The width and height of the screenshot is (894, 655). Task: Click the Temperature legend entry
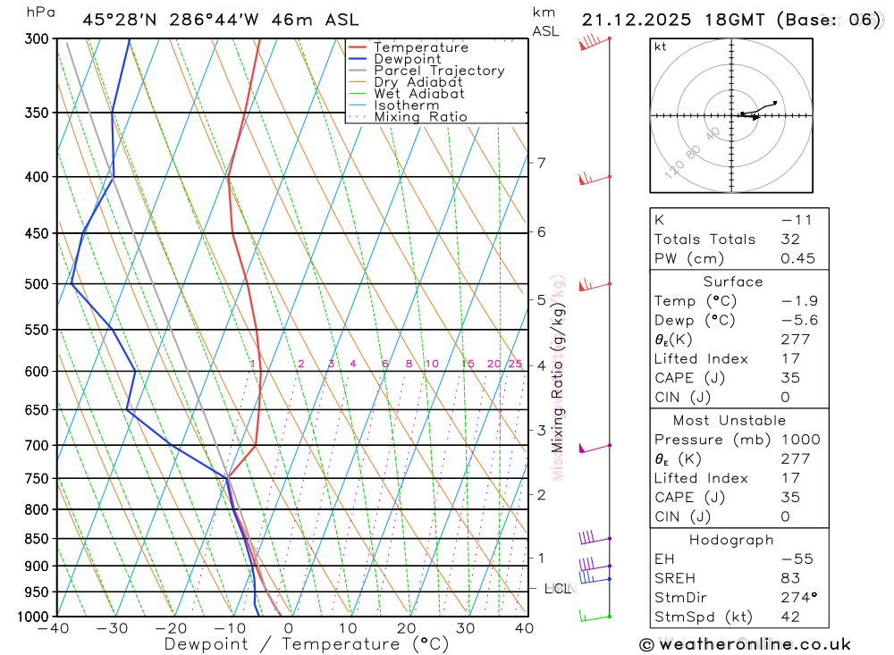420,47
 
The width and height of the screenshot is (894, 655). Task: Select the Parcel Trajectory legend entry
439,71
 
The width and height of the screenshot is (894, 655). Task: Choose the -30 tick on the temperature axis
113,628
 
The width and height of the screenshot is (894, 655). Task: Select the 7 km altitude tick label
541,163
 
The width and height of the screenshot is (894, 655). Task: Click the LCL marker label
558,589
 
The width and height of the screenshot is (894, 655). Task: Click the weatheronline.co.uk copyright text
746,644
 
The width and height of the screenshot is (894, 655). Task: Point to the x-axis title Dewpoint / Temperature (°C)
307,644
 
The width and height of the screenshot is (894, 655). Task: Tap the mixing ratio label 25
515,364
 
